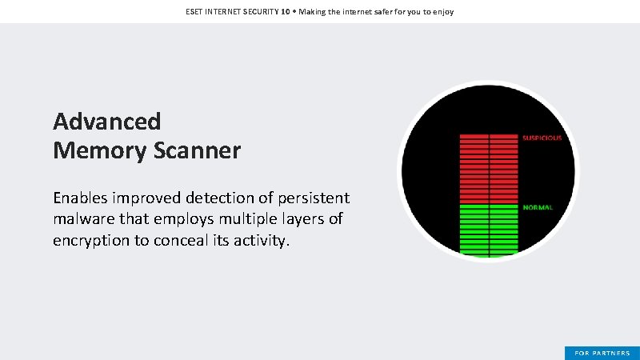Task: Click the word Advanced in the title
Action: pos(106,122)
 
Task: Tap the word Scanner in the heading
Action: pos(194,150)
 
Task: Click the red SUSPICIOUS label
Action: pos(542,138)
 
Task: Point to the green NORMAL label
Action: pos(538,207)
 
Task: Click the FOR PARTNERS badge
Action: pos(602,353)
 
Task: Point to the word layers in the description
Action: pos(302,218)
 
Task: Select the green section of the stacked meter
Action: pos(489,230)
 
